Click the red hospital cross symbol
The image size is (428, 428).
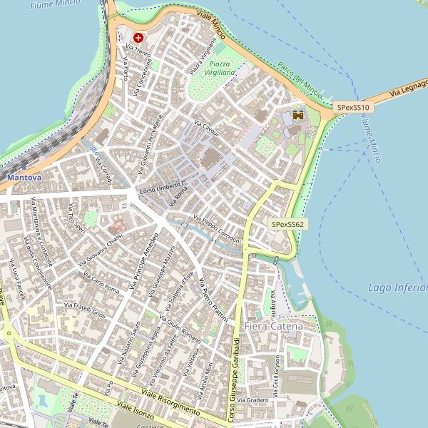(x=138, y=37)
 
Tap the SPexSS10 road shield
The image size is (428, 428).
(x=355, y=107)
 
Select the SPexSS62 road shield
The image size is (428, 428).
(x=287, y=224)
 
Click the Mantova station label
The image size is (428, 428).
(x=24, y=176)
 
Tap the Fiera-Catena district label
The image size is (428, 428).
(x=273, y=326)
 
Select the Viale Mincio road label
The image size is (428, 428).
(x=211, y=25)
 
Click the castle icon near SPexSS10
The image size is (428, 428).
(x=298, y=114)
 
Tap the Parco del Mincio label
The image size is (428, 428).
(x=300, y=78)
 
